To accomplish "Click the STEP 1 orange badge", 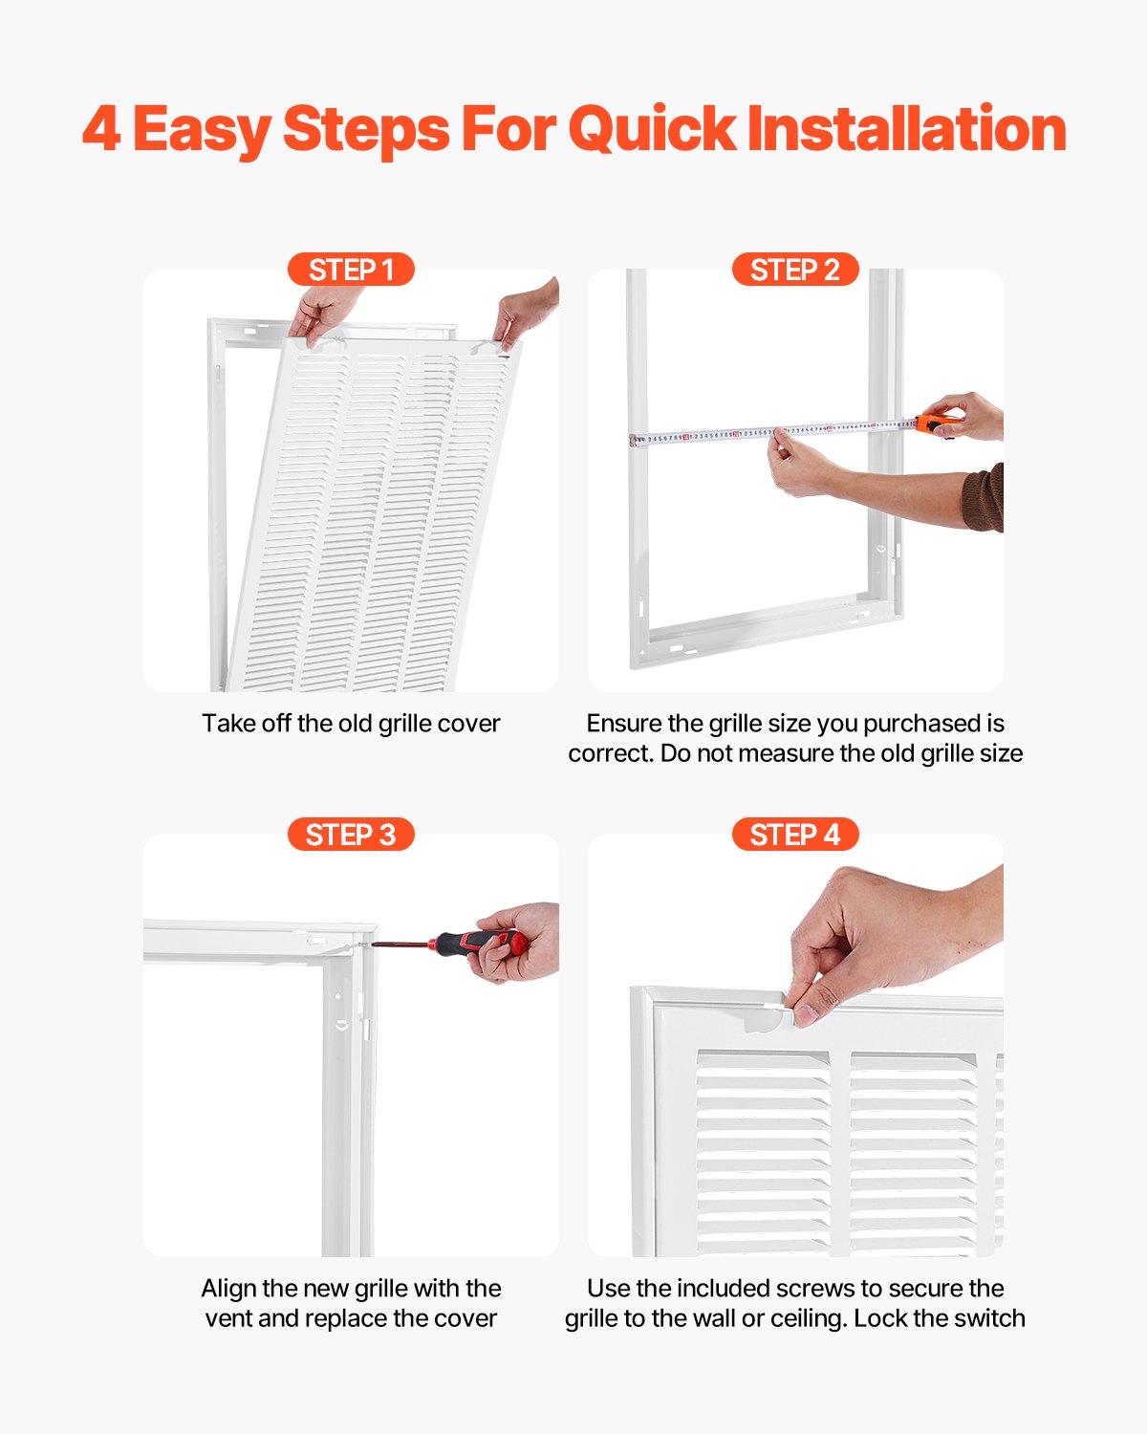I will (x=351, y=270).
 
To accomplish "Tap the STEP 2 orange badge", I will (x=794, y=270).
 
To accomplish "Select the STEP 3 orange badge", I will (x=351, y=835).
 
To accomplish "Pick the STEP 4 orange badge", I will (x=794, y=835).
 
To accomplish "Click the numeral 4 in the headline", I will (x=101, y=129).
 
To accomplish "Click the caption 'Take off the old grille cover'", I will (x=351, y=723).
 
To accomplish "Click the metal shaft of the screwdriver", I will (x=401, y=945).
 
